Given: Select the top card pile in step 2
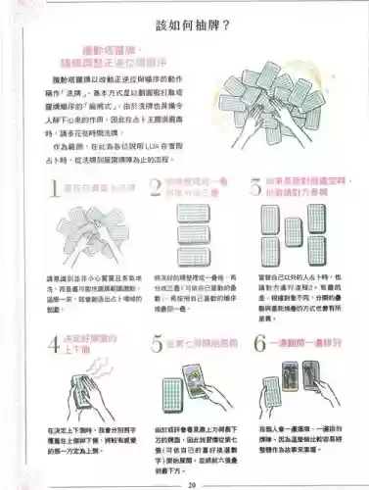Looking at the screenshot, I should (x=183, y=215).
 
